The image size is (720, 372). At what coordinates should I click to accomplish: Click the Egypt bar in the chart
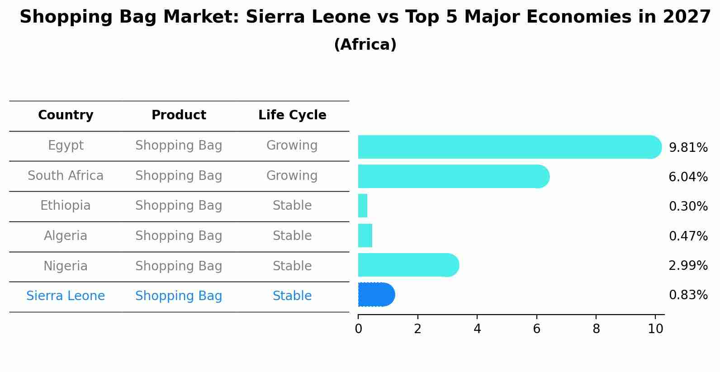[x=510, y=147]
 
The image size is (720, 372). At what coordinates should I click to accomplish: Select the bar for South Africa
[x=454, y=176]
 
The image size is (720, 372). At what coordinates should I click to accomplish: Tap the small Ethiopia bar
[x=363, y=206]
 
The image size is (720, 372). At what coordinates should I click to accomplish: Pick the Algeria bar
[x=365, y=235]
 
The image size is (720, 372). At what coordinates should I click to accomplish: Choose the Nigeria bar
[x=408, y=265]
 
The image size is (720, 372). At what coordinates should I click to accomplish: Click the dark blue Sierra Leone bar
[x=376, y=295]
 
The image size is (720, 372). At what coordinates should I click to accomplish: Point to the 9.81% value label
[x=688, y=147]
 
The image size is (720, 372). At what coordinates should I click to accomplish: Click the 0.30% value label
[x=688, y=206]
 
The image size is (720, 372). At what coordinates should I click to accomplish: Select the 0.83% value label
[x=688, y=295]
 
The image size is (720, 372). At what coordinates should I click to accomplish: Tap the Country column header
[x=66, y=115]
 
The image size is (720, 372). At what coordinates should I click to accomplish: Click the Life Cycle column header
[x=292, y=115]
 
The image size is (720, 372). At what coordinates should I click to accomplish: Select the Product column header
[x=179, y=115]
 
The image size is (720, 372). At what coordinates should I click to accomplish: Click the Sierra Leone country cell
[x=66, y=296]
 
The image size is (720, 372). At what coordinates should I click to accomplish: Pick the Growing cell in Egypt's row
[x=292, y=146]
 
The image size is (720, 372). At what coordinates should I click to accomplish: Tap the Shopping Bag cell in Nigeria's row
[x=179, y=266]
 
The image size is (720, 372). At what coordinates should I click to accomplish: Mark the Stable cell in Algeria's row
[x=292, y=236]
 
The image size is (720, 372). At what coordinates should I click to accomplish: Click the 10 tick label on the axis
[x=655, y=329]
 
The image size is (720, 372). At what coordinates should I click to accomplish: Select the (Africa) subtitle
[x=365, y=44]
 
